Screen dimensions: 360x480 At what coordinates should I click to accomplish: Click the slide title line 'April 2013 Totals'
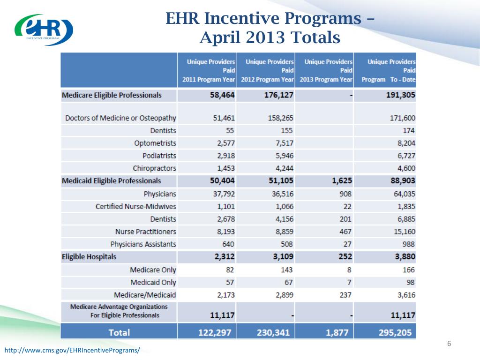click(270, 37)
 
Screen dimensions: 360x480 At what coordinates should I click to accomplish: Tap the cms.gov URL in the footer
click(72, 351)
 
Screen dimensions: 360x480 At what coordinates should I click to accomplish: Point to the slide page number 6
click(449, 345)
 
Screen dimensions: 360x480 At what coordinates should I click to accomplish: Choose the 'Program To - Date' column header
click(389, 71)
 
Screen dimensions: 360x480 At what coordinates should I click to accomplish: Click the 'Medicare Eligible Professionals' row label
click(112, 95)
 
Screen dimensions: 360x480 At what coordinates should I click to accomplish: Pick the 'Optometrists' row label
click(155, 143)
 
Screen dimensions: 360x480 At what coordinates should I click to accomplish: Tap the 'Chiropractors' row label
click(154, 168)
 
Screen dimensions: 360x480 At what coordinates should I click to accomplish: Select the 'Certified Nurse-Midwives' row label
click(136, 206)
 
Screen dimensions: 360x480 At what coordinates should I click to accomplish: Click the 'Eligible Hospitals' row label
click(89, 257)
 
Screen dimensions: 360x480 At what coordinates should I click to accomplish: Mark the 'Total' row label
click(119, 332)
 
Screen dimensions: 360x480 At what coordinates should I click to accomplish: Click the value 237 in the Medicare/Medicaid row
click(345, 295)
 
